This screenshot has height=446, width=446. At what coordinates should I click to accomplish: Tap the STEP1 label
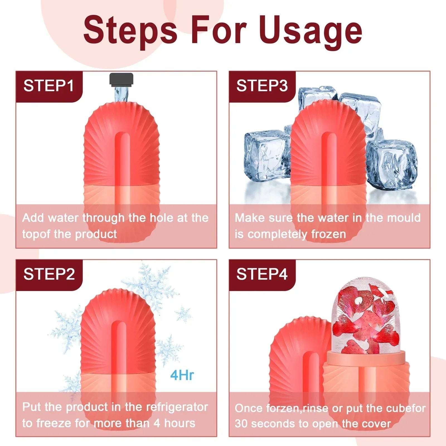click(49, 86)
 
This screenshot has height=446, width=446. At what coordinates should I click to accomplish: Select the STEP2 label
click(49, 274)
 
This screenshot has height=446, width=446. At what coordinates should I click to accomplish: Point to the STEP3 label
click(262, 86)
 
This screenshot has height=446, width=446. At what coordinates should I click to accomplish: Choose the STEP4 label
click(262, 274)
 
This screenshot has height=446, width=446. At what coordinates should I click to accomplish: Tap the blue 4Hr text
click(182, 375)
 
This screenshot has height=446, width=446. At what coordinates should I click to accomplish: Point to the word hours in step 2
click(180, 423)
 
